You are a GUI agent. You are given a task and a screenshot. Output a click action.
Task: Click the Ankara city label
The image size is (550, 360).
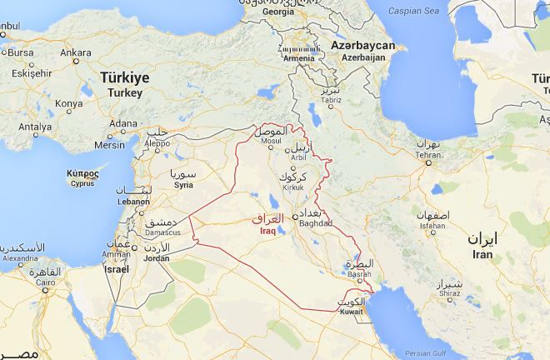pyautogui.click(x=76, y=52)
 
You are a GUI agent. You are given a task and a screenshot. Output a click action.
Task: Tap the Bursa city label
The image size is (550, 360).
pyautogui.click(x=20, y=52)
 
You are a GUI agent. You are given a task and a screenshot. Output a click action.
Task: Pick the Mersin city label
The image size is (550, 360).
pyautogui.click(x=108, y=142)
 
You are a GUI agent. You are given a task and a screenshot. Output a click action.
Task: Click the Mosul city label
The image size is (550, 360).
pyautogui.click(x=272, y=141)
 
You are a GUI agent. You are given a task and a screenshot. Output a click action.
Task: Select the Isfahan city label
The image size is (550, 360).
pyautogui.click(x=432, y=225)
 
